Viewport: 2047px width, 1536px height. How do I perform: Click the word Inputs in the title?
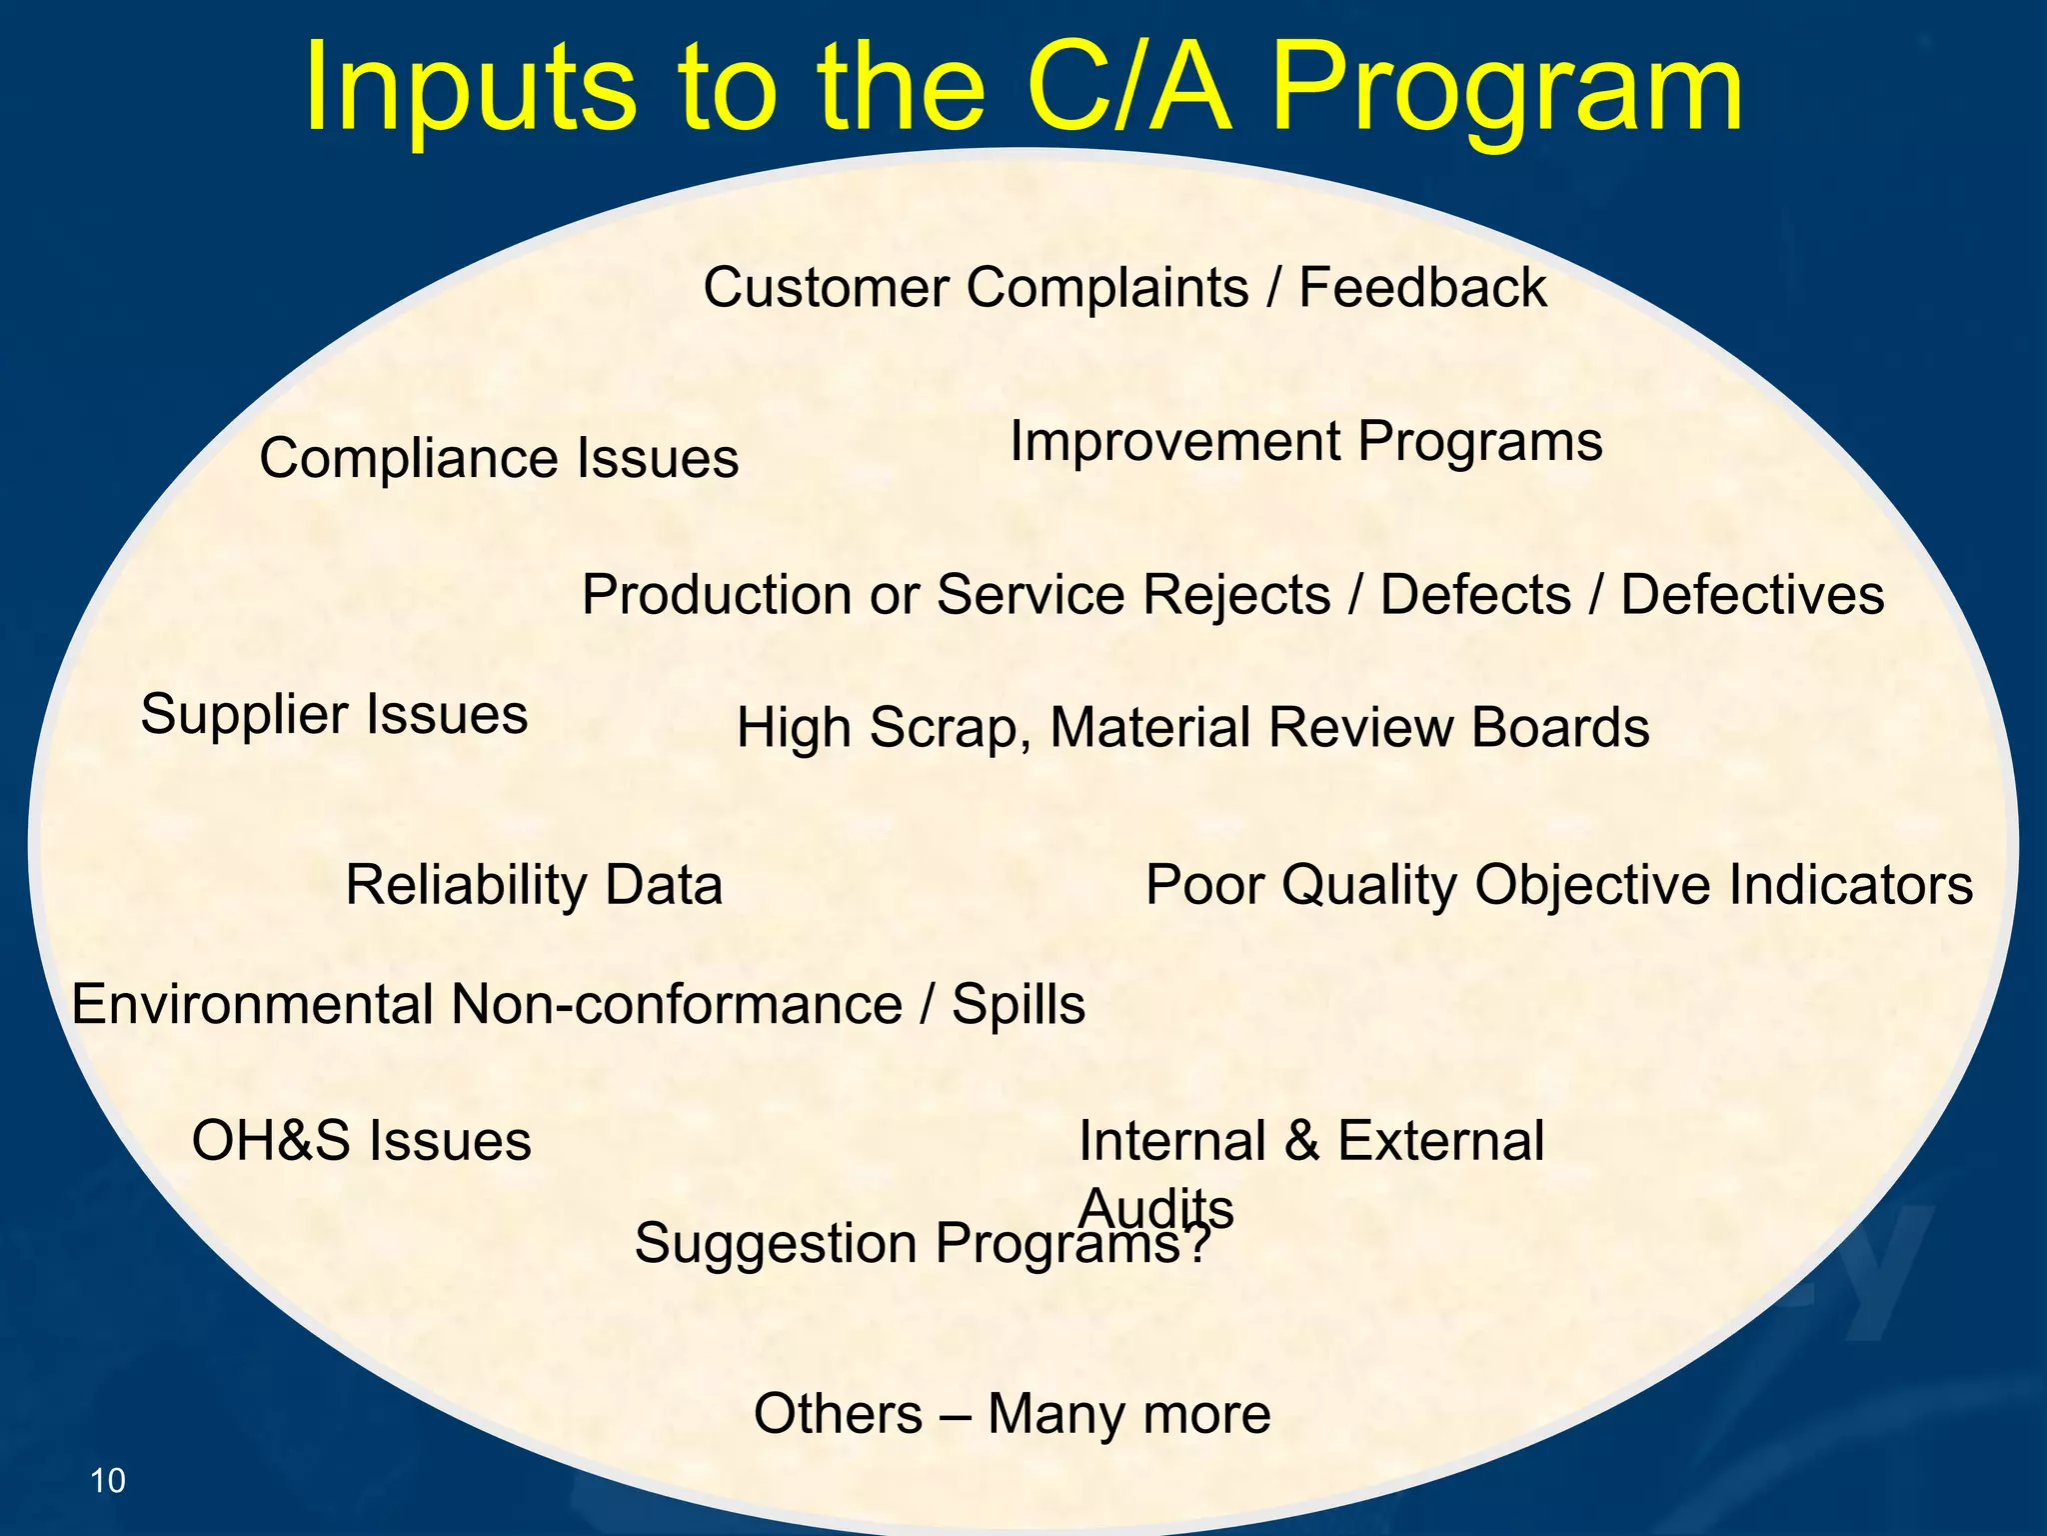(x=470, y=88)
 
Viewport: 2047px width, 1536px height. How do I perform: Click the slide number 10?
(x=108, y=1480)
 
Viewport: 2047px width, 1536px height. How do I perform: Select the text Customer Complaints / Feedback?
(x=1124, y=288)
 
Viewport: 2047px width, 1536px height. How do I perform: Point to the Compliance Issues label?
(x=499, y=459)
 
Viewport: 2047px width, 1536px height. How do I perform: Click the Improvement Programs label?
(x=1305, y=441)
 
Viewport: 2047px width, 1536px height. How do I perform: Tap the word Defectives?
(x=1752, y=595)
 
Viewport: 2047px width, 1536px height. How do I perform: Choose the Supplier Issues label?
(x=334, y=714)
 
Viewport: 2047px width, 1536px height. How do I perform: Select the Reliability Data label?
(x=534, y=885)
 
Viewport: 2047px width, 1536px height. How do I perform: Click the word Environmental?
(x=251, y=1004)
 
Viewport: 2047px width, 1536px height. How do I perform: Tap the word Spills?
(x=1018, y=1004)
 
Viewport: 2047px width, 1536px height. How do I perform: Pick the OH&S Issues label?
(x=361, y=1141)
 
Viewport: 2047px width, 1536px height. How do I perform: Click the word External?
(x=1440, y=1141)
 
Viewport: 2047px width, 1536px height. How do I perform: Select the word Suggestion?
(x=776, y=1244)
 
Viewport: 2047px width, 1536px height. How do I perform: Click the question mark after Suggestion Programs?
(x=1198, y=1244)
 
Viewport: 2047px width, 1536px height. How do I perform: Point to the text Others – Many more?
(x=1012, y=1414)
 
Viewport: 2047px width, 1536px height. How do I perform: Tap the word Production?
(x=716, y=595)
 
